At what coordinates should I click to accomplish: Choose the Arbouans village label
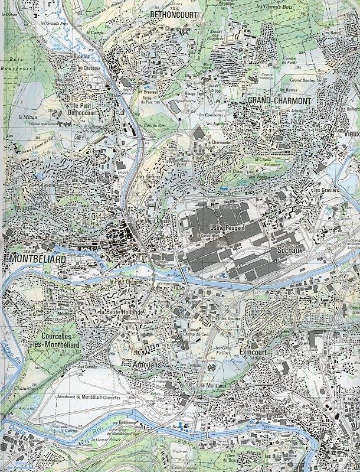(x=146, y=366)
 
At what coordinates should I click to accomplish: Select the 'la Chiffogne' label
(x=86, y=179)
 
